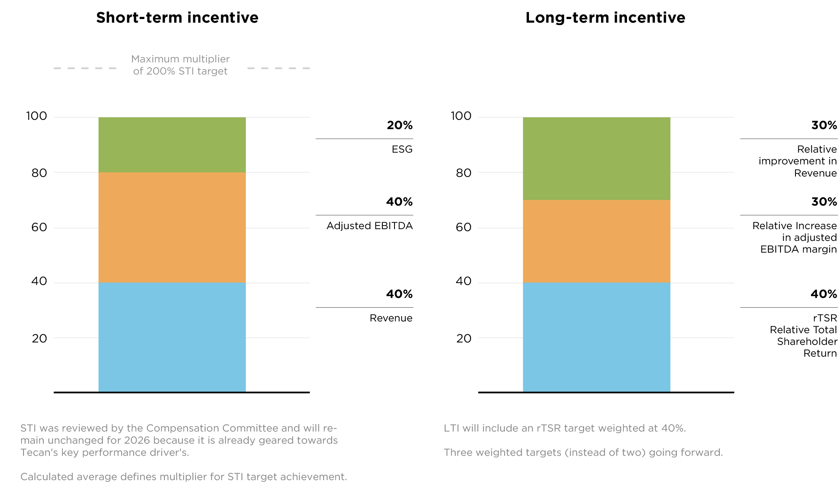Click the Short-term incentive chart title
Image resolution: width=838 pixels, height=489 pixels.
click(177, 17)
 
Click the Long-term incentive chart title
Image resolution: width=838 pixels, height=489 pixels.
click(605, 17)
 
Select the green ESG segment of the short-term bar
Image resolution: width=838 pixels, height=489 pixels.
click(172, 145)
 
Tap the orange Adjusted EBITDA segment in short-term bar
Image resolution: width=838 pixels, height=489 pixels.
click(172, 227)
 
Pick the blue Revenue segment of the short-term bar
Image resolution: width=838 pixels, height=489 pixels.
click(172, 337)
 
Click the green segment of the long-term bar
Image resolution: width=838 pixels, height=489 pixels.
click(597, 158)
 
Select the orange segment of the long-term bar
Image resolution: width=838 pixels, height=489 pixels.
click(597, 241)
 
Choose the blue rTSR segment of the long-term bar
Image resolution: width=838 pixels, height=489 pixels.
click(597, 337)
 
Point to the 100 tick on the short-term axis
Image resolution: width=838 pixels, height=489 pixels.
click(36, 116)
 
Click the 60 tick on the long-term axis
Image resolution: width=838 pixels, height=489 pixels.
click(463, 227)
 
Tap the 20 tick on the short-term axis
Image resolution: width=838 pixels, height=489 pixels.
click(39, 338)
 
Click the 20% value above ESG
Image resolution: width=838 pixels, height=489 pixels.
click(399, 125)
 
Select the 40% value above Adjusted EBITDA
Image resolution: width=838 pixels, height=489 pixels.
click(399, 202)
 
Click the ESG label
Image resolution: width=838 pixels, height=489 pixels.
click(402, 149)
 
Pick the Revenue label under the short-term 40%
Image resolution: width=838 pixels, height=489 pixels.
click(391, 318)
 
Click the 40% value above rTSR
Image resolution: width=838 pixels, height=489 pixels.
click(823, 294)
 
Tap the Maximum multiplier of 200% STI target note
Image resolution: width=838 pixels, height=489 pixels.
click(180, 65)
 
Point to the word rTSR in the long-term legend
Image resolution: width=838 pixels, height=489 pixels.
click(825, 318)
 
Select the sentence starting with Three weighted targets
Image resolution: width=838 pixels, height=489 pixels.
click(583, 453)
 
